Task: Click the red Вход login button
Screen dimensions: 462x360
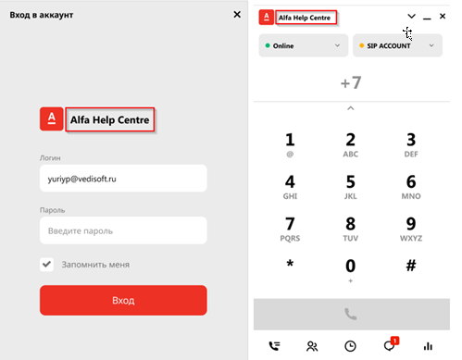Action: click(123, 300)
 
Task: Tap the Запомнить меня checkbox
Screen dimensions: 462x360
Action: click(46, 265)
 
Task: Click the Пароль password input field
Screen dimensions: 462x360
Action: click(123, 230)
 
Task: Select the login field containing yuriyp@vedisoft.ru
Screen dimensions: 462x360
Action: click(123, 179)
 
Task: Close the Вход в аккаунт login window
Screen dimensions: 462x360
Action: click(237, 15)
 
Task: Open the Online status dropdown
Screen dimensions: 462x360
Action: click(304, 45)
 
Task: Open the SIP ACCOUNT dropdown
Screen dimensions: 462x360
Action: click(397, 45)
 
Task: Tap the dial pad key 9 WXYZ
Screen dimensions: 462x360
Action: click(411, 229)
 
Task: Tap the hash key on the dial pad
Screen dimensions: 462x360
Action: click(411, 265)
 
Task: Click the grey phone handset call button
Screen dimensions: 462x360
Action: click(352, 314)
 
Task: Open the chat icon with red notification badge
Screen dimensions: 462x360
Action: click(391, 344)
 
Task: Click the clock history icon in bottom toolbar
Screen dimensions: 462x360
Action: click(350, 346)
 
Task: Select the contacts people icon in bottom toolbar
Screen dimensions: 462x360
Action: click(312, 346)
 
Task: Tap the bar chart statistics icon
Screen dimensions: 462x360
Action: click(428, 346)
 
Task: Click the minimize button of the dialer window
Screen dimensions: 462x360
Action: click(427, 19)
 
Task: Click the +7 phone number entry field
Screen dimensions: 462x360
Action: click(351, 82)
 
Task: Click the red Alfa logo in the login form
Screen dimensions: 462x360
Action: click(52, 119)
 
